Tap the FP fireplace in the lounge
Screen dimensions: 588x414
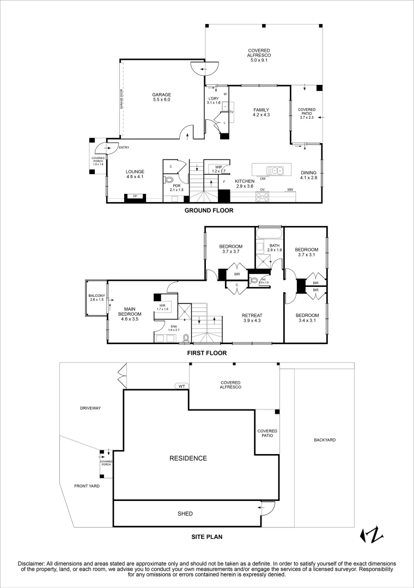[x=134, y=197]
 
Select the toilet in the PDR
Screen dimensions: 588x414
[x=169, y=179]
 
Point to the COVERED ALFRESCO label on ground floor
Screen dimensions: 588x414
[x=259, y=53]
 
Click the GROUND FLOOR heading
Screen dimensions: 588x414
[x=209, y=210]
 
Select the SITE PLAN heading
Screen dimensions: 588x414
[x=206, y=536]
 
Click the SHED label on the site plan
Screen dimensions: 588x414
[x=185, y=513]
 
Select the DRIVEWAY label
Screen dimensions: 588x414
[x=90, y=408]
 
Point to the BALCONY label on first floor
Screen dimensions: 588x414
[x=96, y=297]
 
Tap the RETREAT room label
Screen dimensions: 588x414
[x=252, y=315]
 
